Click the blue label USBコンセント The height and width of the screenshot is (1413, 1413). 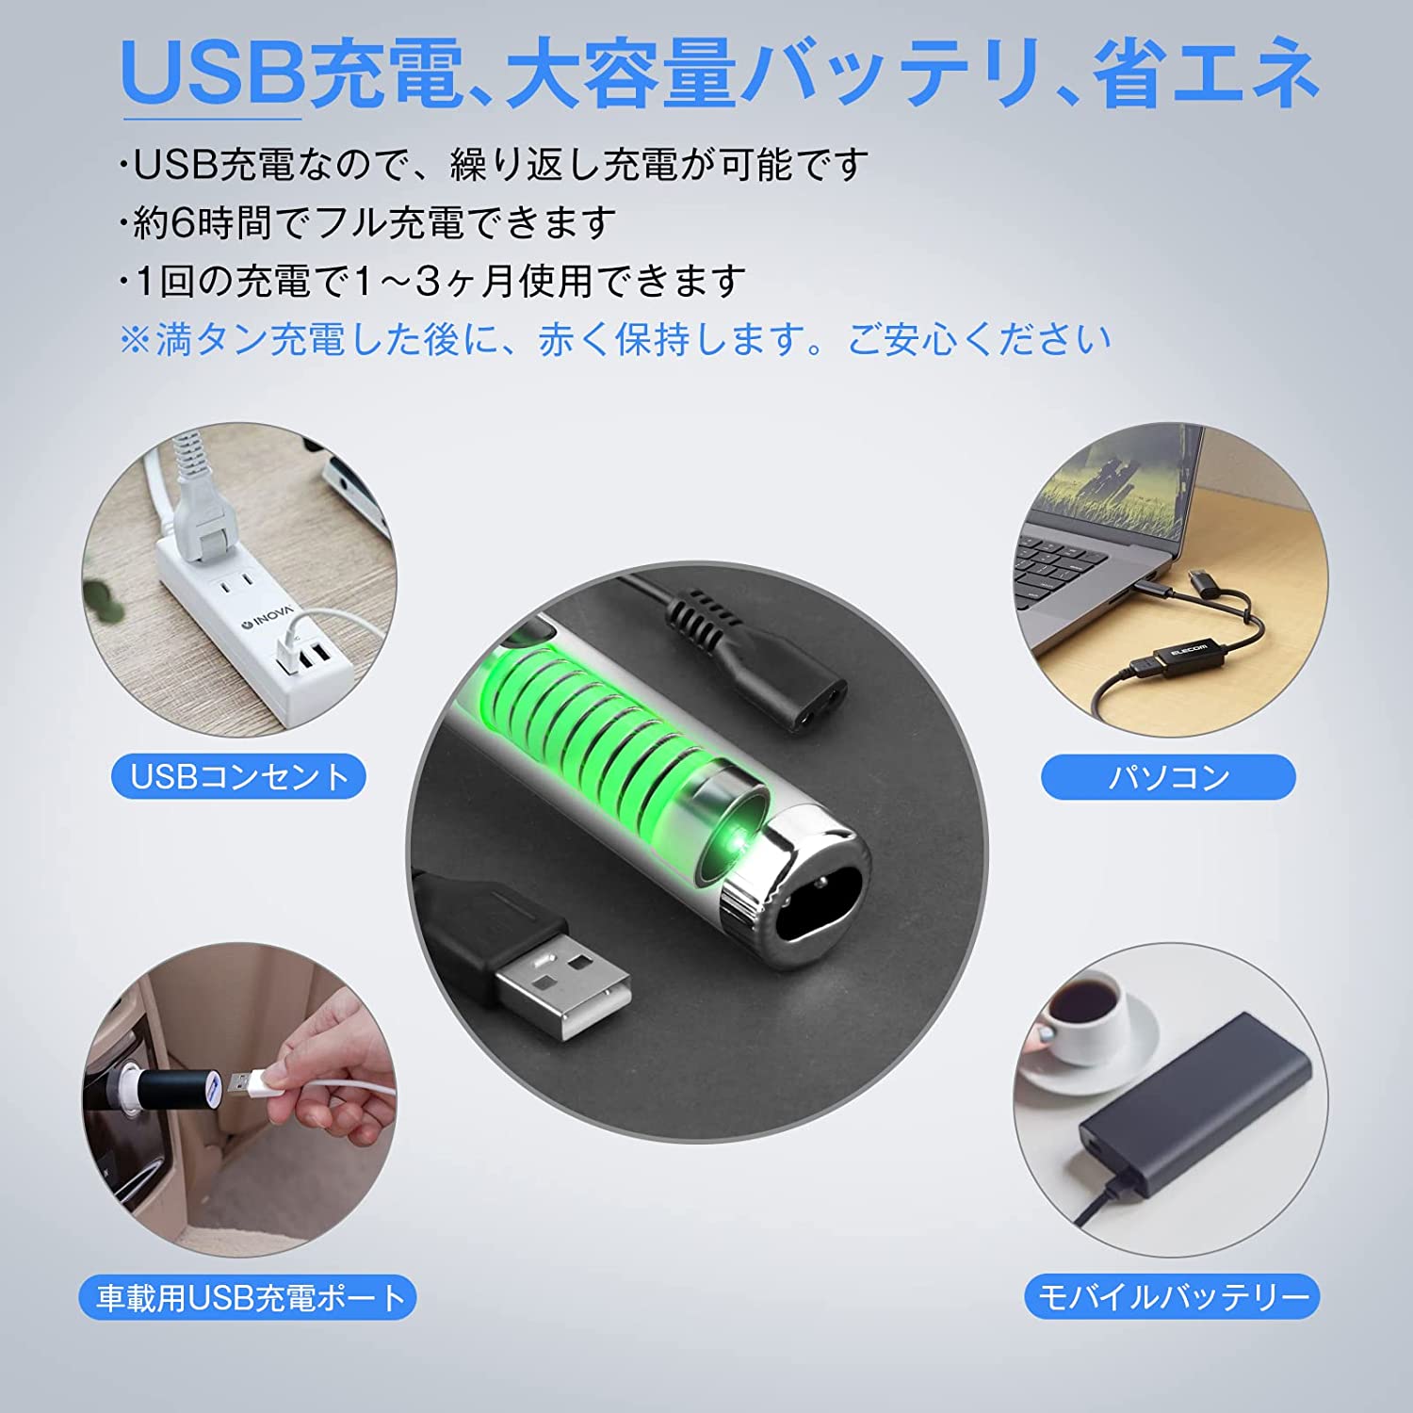tap(239, 777)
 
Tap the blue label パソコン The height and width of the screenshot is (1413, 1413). tap(1168, 777)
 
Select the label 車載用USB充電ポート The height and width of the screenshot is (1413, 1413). tap(248, 1297)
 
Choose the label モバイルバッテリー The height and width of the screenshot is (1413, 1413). tap(1173, 1297)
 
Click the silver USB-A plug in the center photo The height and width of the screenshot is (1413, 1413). tap(563, 980)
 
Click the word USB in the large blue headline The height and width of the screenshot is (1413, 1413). tap(212, 73)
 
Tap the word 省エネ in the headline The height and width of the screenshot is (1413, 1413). tap(1206, 73)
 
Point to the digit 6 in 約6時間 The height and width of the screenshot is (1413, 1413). tap(183, 222)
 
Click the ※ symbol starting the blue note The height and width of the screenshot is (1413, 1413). tap(136, 339)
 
